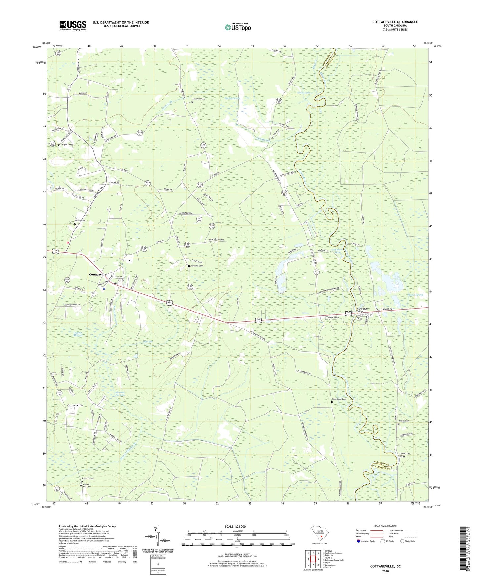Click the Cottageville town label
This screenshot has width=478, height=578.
coord(97,274)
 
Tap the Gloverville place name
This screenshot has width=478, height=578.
coord(75,405)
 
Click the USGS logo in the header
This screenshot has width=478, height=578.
coord(73,25)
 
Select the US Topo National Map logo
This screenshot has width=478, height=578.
coord(238,27)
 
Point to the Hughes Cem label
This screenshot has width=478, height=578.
coord(66,145)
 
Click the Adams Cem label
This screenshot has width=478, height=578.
coord(80,220)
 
